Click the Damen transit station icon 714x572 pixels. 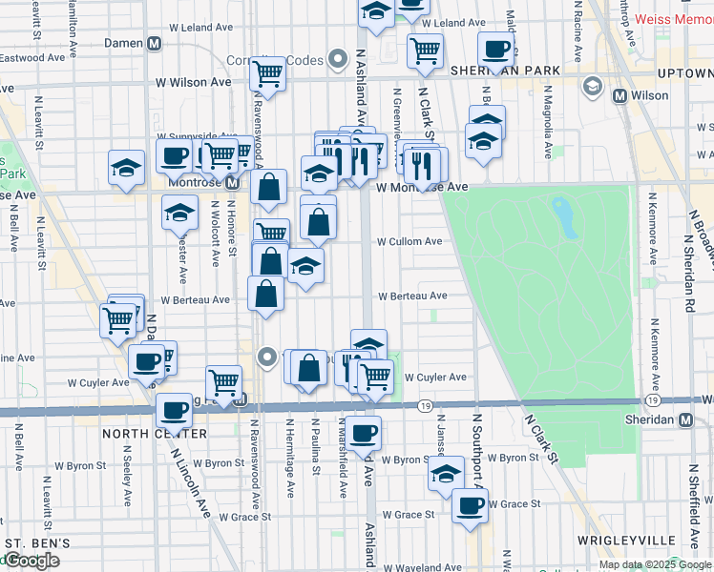pos(154,44)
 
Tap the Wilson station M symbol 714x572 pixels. pos(620,95)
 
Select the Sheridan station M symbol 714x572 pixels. pos(686,420)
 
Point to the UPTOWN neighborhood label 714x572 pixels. pos(684,72)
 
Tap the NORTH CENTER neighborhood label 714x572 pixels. pos(155,434)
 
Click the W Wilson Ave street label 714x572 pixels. pos(194,82)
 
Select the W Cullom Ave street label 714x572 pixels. pos(409,242)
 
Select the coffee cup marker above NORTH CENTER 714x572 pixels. pos(174,410)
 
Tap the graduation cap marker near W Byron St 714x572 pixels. pos(446,472)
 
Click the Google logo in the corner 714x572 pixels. pos(31,561)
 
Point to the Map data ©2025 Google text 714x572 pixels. pos(654,564)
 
